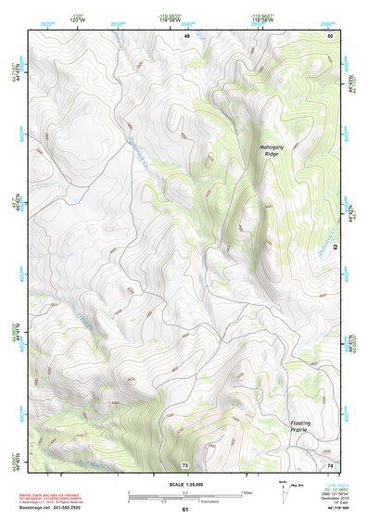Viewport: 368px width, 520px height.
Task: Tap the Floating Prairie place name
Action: pyautogui.click(x=298, y=426)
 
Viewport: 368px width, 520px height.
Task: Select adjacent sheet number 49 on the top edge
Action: pyautogui.click(x=185, y=35)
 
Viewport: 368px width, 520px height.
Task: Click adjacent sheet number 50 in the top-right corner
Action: pyautogui.click(x=329, y=35)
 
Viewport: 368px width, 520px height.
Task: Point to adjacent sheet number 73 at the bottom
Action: pyautogui.click(x=184, y=464)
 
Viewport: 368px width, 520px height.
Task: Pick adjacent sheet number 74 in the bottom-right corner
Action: pyautogui.click(x=329, y=464)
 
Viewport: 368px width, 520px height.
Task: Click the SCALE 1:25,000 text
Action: pyautogui.click(x=184, y=484)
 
